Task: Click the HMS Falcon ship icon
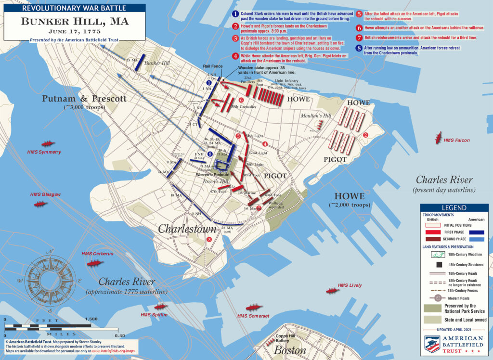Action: click(439, 138)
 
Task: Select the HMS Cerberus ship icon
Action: click(95, 262)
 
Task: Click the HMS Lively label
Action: click(350, 285)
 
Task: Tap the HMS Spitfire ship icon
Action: click(159, 307)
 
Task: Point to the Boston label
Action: click(290, 350)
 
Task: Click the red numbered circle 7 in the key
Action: click(359, 38)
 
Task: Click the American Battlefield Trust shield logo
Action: click(432, 344)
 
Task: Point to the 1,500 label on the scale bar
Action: click(91, 319)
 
